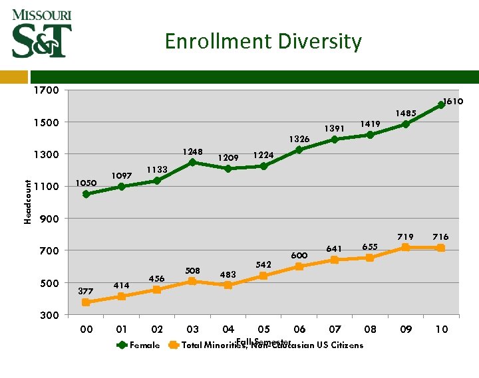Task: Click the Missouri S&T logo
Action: (x=41, y=33)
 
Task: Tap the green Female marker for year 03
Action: (x=192, y=162)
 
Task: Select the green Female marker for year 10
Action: (x=441, y=105)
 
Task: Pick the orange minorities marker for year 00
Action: (x=86, y=302)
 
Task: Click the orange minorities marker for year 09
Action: (x=406, y=247)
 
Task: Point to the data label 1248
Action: (x=193, y=151)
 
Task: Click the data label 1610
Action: (x=454, y=102)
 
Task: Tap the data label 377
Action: (x=86, y=291)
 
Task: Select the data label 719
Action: (x=406, y=236)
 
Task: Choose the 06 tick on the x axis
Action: (x=299, y=330)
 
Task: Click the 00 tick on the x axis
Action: (x=86, y=330)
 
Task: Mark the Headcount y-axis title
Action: (x=28, y=193)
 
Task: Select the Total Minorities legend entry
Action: (x=266, y=345)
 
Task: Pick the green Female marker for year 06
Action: (x=299, y=150)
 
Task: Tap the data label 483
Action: (x=228, y=274)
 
